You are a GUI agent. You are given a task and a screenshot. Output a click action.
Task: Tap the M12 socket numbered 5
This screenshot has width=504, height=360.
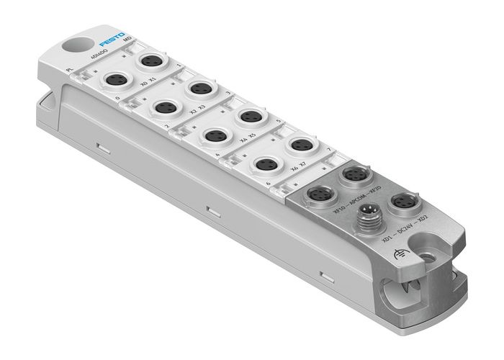[248, 115]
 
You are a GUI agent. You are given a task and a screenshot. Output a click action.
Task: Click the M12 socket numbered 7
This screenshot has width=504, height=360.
[299, 144]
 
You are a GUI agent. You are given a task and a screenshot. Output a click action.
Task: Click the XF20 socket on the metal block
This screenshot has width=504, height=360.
[354, 174]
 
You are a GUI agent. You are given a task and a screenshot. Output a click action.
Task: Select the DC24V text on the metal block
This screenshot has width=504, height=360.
[406, 225]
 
